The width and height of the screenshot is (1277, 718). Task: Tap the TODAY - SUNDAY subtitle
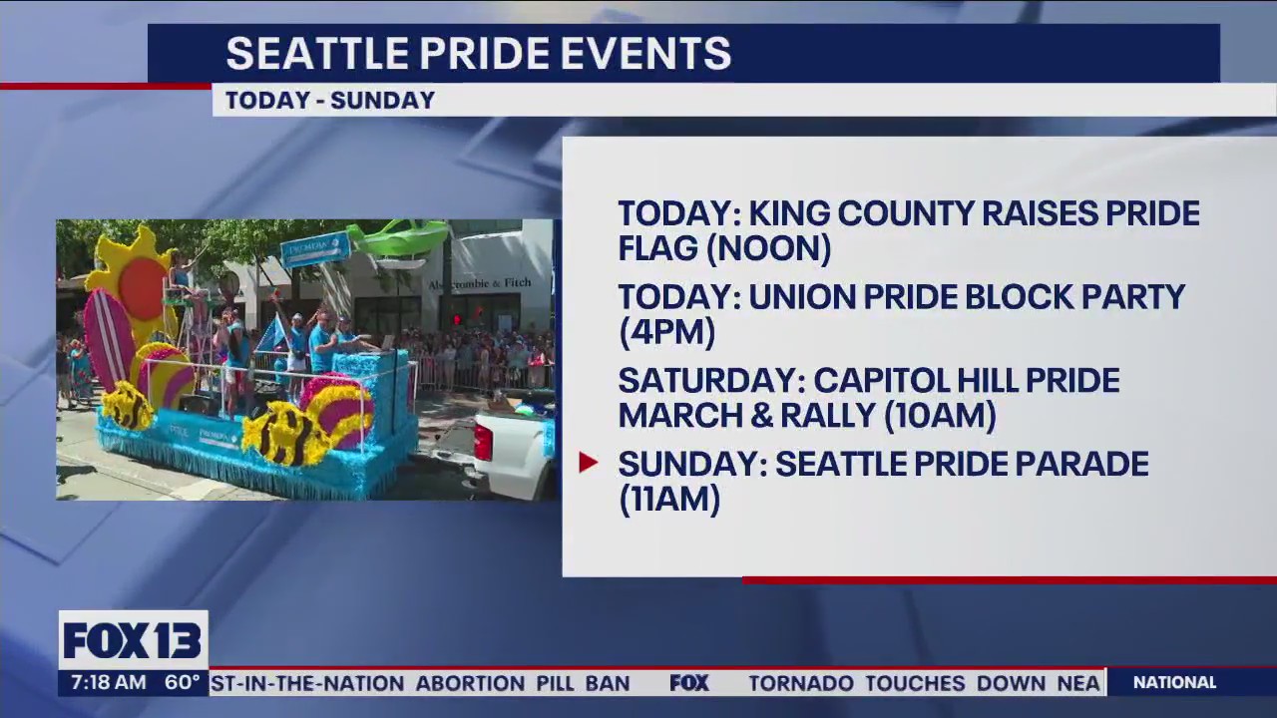point(329,101)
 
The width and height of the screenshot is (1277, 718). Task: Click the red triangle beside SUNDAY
point(588,463)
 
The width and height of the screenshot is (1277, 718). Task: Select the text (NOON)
point(769,248)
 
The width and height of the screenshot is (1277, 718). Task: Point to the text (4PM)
point(666,332)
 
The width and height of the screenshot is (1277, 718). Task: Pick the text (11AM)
point(668,499)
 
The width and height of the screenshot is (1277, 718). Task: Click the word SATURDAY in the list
point(707,381)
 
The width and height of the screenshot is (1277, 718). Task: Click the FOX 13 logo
point(133,640)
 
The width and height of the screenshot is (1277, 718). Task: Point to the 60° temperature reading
point(183,683)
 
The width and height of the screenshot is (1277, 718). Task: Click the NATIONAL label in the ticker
point(1174,683)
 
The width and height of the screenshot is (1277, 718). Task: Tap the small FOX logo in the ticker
point(688,683)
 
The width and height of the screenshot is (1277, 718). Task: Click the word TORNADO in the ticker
point(801,683)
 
